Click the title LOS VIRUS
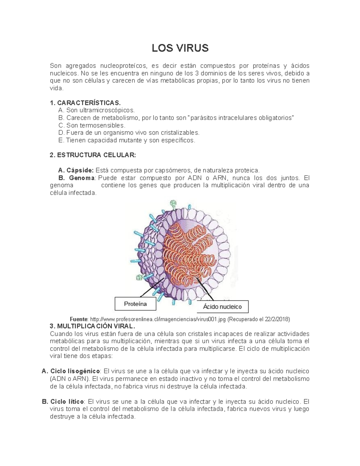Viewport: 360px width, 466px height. pos(180,48)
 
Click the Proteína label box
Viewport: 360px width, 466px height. pos(136,304)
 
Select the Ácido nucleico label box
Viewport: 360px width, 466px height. pos(222,307)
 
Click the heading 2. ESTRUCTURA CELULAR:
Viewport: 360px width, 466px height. pos(93,155)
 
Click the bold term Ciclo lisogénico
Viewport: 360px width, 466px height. pos(75,371)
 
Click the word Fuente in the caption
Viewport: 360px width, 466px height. pos(79,319)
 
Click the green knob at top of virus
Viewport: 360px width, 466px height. pos(173,203)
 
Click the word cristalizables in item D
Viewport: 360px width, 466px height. pos(180,133)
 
